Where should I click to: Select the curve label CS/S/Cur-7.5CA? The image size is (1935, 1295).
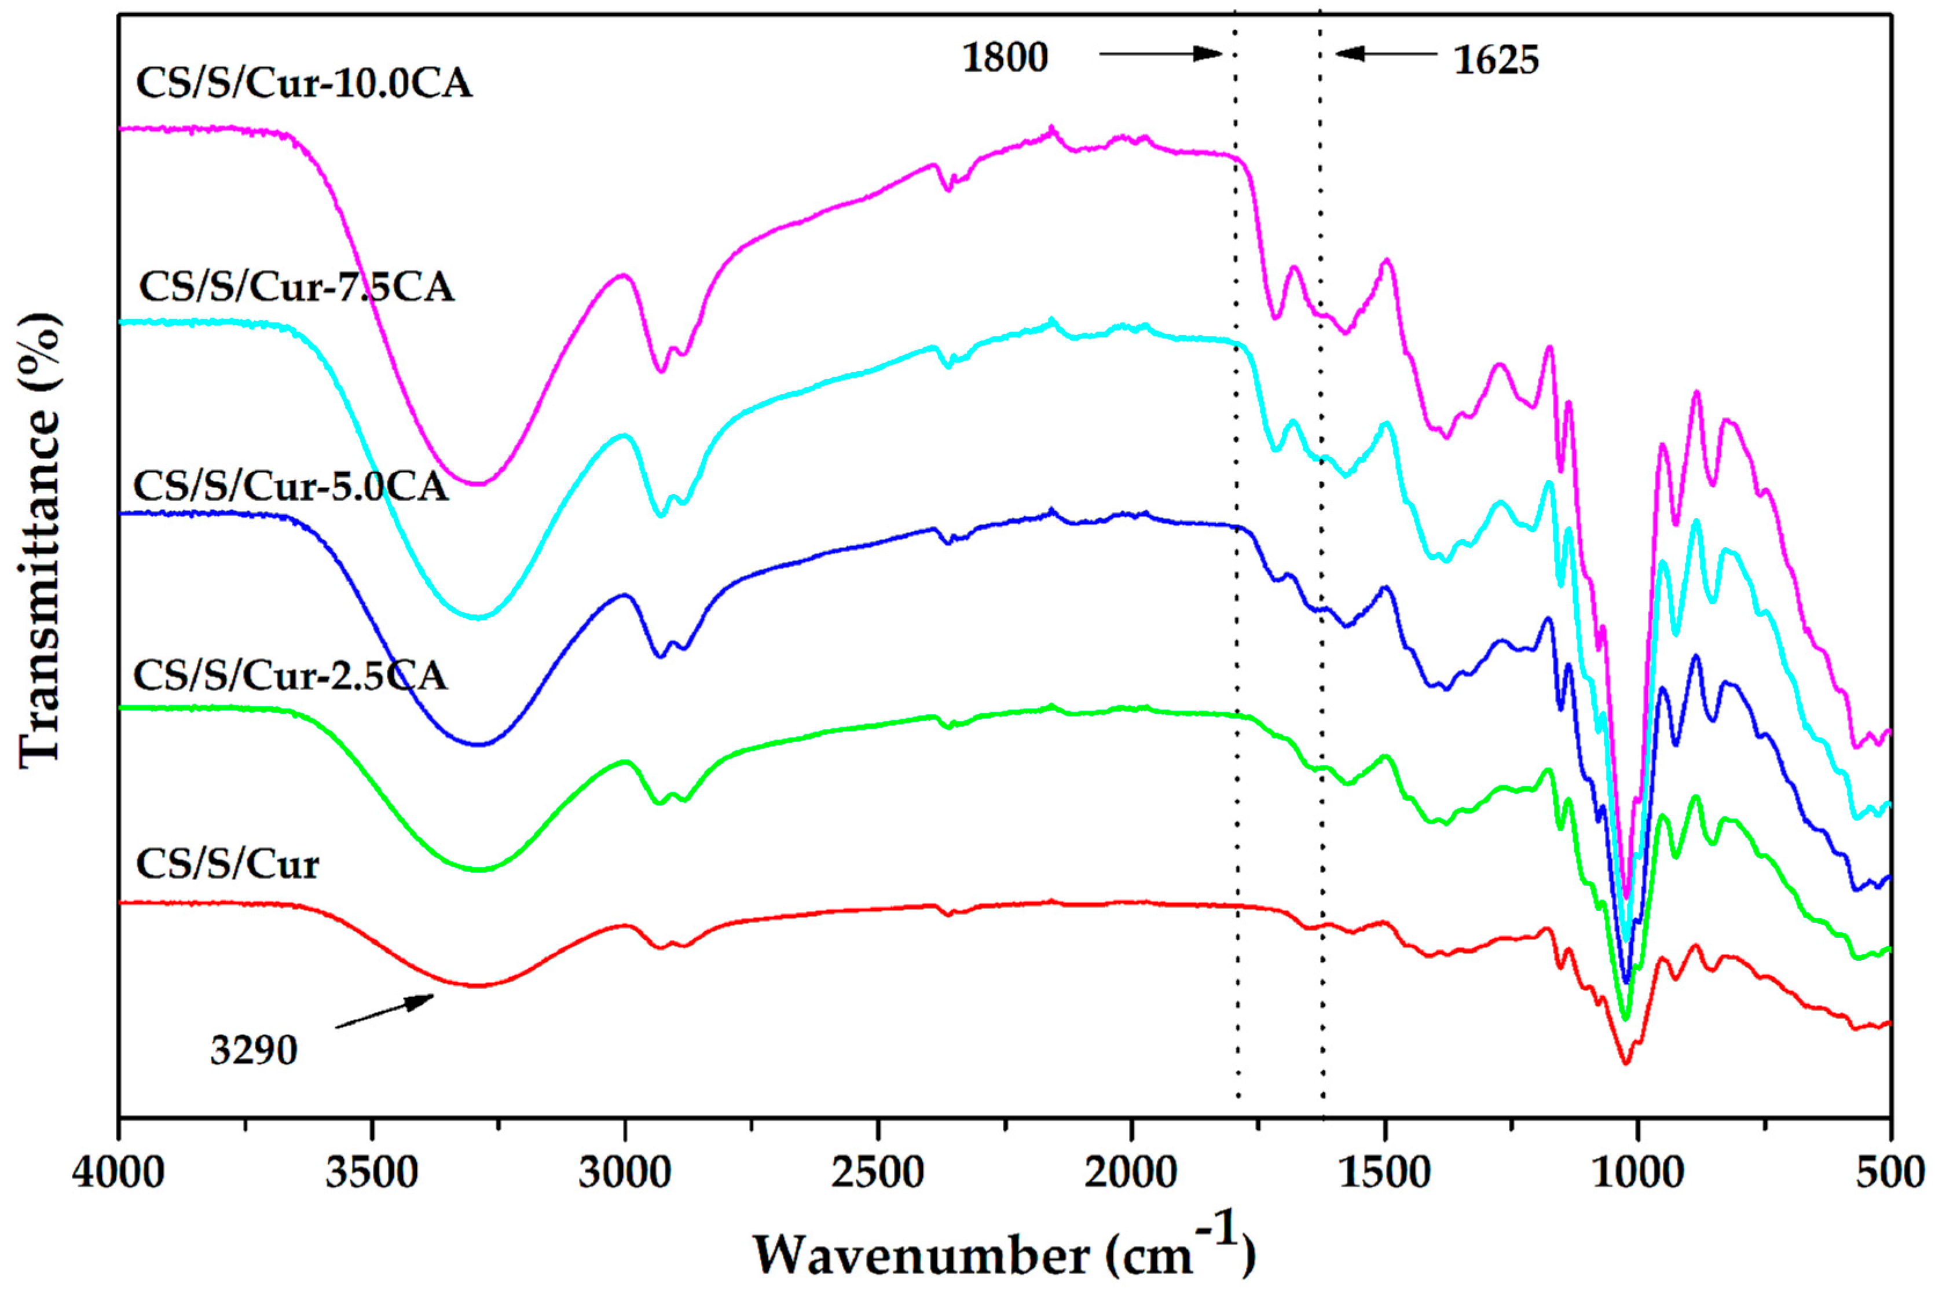point(296,287)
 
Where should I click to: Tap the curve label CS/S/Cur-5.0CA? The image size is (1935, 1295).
point(290,486)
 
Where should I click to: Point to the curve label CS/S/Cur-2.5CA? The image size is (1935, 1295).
point(290,676)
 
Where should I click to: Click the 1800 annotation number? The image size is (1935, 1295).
point(1005,58)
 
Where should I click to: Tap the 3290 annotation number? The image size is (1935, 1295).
point(254,1051)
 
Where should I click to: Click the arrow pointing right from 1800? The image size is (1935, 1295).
point(1160,54)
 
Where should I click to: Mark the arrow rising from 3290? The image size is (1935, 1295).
point(385,1011)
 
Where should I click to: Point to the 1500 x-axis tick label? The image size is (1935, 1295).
point(1384,1173)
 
